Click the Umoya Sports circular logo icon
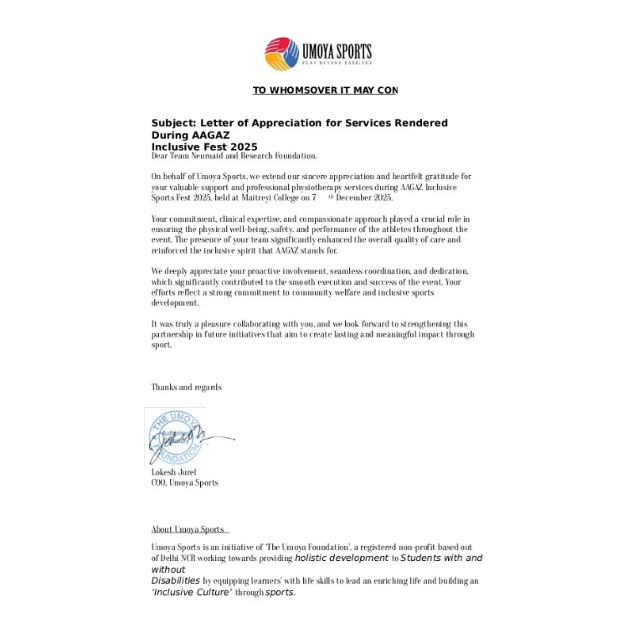[x=281, y=54]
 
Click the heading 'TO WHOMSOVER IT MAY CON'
[x=325, y=90]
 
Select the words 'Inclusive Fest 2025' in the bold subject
[x=204, y=147]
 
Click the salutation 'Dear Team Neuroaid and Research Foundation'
[x=234, y=156]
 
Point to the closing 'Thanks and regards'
[x=186, y=387]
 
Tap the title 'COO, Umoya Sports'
[x=184, y=482]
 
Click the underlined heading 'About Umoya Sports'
[x=188, y=529]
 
